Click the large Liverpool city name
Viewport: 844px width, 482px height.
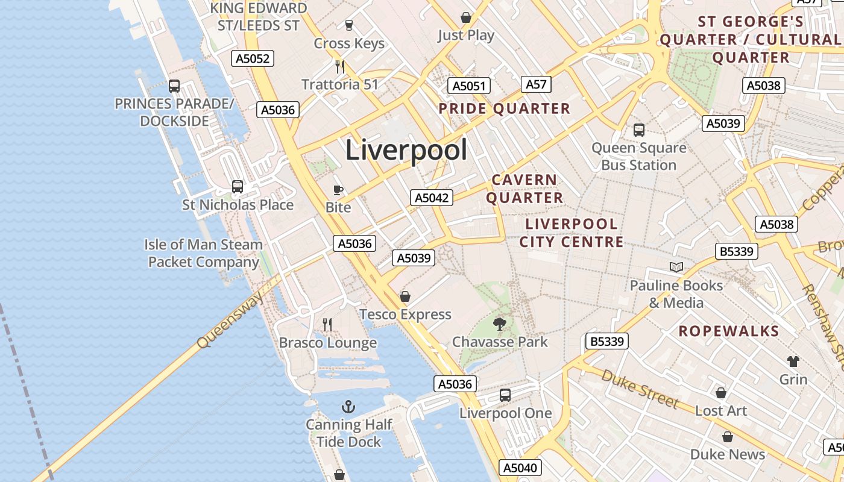(x=406, y=150)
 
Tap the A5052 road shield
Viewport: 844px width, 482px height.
(x=253, y=58)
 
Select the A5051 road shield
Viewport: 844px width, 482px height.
(x=469, y=86)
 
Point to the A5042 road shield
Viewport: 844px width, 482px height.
(x=432, y=198)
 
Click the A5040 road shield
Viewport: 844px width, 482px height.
(x=521, y=468)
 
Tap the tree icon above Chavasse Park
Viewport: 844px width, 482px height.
(x=499, y=324)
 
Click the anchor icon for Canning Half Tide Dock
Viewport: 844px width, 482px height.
(x=348, y=407)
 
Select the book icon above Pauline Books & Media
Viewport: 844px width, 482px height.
(x=676, y=267)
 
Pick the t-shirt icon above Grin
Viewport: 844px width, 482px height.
(x=793, y=361)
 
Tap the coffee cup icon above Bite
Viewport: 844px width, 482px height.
(x=338, y=190)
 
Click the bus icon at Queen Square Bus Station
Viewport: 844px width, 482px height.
(x=639, y=130)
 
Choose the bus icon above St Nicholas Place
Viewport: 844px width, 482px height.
(x=238, y=187)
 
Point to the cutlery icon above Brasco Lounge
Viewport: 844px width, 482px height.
(x=327, y=325)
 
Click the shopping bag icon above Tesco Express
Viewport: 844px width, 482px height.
(x=405, y=296)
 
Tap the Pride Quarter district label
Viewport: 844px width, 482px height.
(x=504, y=108)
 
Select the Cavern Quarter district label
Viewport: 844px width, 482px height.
(x=524, y=189)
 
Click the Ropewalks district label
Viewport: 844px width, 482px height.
(x=729, y=331)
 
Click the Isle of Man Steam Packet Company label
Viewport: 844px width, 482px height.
(x=204, y=253)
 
